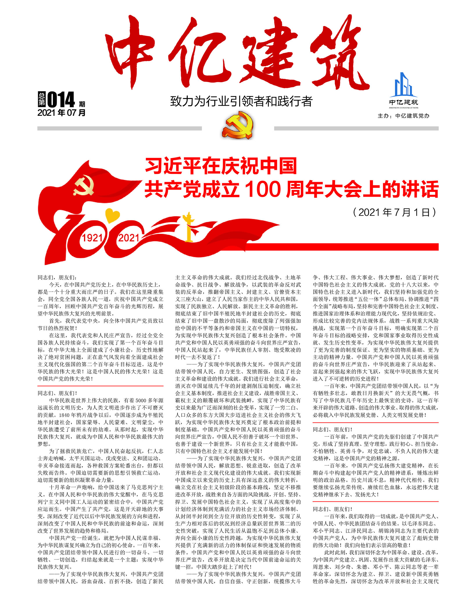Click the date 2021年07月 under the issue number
[61, 113]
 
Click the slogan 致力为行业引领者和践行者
[241, 101]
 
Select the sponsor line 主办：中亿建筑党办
[403, 116]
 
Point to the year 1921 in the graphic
[92, 238]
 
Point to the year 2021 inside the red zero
[128, 238]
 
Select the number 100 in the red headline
[263, 189]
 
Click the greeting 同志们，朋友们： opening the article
[57, 278]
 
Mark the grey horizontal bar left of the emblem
[119, 128]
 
